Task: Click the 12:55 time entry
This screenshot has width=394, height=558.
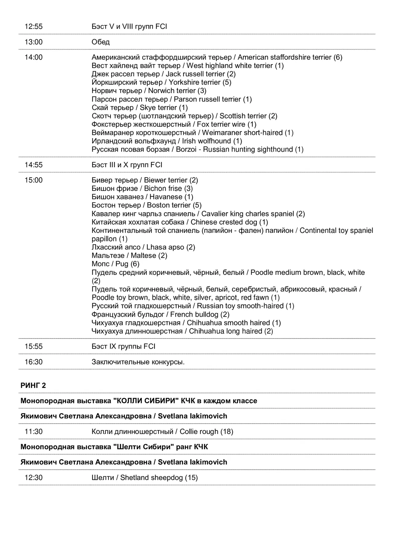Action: click(x=34, y=26)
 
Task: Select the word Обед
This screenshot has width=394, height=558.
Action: click(x=101, y=42)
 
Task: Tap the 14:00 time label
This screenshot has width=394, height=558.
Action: click(x=34, y=57)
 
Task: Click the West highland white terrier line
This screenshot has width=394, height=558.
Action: click(x=187, y=66)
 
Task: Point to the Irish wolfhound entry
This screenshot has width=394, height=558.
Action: click(x=167, y=141)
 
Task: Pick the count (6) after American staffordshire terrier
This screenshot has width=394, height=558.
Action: click(x=338, y=57)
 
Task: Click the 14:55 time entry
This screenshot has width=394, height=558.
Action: click(x=34, y=165)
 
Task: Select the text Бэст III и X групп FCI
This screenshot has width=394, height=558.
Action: click(x=127, y=165)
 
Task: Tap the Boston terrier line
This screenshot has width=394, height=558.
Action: click(x=147, y=205)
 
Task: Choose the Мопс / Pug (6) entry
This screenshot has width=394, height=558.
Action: click(x=115, y=264)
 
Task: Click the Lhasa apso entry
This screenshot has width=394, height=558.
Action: click(x=143, y=247)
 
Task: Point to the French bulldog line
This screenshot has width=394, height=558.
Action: click(x=160, y=314)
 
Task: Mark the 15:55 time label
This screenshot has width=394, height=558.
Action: click(x=34, y=346)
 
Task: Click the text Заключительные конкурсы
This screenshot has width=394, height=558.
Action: click(x=138, y=362)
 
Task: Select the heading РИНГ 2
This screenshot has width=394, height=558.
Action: click(x=33, y=385)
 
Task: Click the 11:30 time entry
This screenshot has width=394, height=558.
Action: click(x=34, y=432)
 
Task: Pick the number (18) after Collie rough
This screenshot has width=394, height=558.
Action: click(x=227, y=432)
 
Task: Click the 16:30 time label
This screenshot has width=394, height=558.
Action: click(x=34, y=362)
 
